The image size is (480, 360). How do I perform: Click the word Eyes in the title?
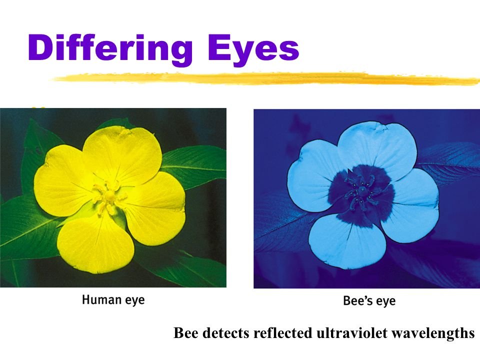tap(253, 49)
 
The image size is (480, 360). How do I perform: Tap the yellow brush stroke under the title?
tap(265, 78)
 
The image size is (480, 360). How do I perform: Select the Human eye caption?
tap(113, 300)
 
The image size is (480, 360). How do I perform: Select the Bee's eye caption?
tap(369, 301)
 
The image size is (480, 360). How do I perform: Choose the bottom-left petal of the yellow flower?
tap(92, 245)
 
